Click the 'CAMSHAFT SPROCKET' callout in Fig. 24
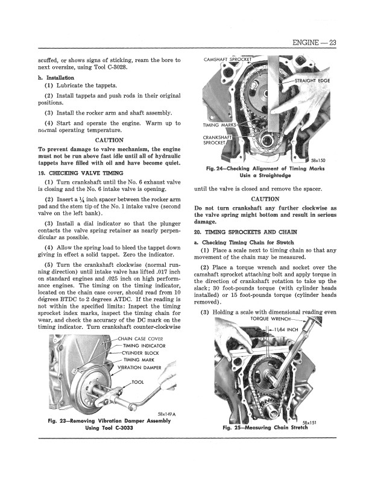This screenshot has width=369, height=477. [x=226, y=59]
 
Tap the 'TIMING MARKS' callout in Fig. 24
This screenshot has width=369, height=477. [x=217, y=125]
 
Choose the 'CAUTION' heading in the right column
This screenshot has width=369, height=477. [x=265, y=199]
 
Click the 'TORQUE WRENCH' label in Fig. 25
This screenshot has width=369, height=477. [x=275, y=319]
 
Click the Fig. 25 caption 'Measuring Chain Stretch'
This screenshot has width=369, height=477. [x=265, y=428]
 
